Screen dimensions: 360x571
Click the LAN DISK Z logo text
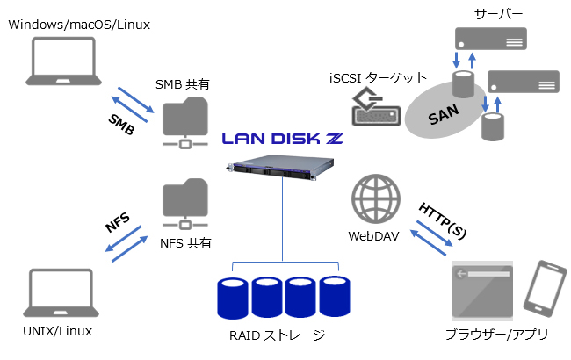pyautogui.click(x=282, y=138)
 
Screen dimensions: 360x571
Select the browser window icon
pyautogui.click(x=481, y=291)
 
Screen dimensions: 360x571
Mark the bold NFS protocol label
pyautogui.click(x=117, y=221)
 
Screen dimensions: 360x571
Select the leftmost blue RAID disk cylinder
pyautogui.click(x=233, y=297)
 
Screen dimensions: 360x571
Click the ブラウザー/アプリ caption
pyautogui.click(x=496, y=335)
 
